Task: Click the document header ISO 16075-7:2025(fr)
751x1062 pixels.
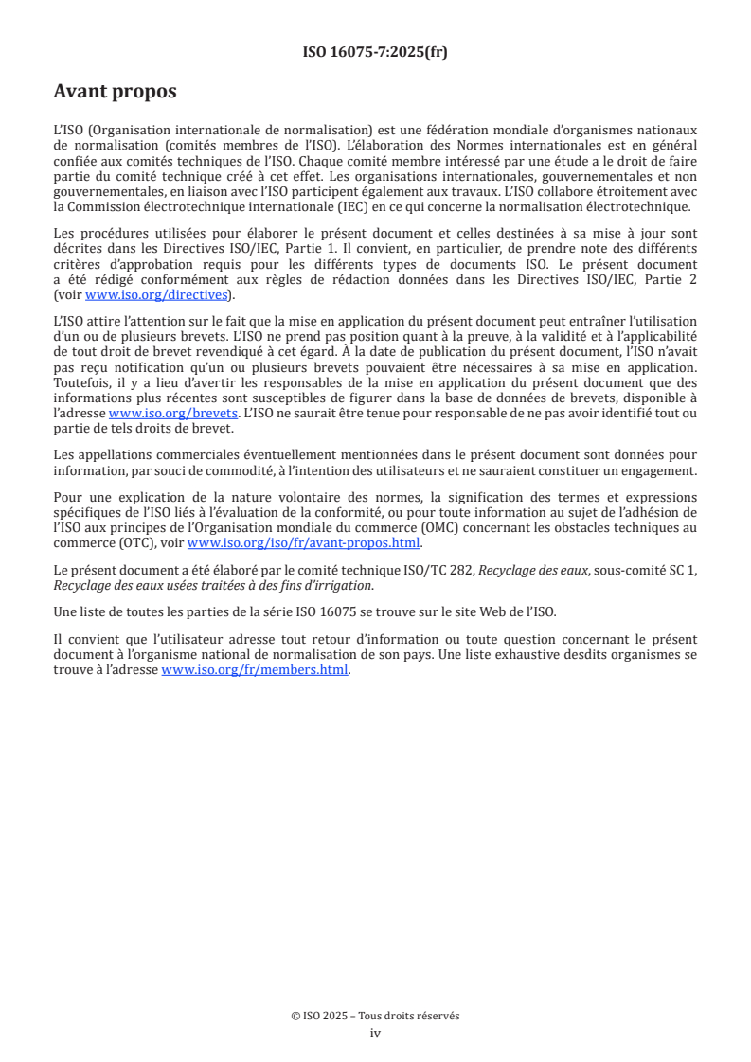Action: coord(375,52)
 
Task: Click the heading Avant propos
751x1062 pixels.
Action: coord(115,92)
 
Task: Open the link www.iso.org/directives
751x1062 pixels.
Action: coord(155,294)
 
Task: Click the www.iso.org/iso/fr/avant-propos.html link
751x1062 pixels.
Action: coord(303,542)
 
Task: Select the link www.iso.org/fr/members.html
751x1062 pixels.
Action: coord(256,670)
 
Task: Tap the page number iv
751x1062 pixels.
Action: coord(375,1033)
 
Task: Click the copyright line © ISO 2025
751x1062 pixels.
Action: coord(375,1016)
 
